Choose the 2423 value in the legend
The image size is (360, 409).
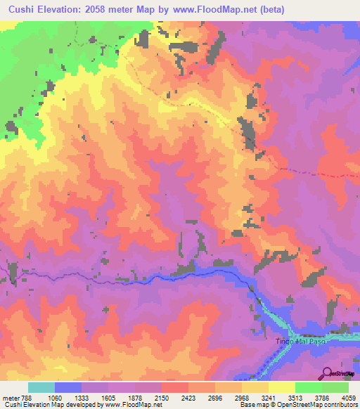point(188,398)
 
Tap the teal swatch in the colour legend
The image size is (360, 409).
point(41,387)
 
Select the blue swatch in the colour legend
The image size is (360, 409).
point(68,387)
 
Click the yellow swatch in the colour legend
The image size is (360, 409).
point(281,387)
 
